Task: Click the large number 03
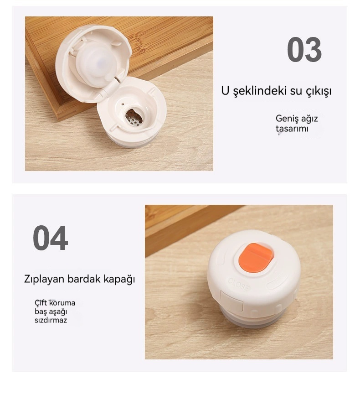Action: coord(304,50)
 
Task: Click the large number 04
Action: coord(50,238)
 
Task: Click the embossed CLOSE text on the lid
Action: coord(240,284)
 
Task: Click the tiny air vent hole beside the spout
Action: coord(123,104)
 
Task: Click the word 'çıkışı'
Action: coord(319,92)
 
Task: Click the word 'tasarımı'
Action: coord(292,128)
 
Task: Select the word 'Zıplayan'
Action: coord(44,279)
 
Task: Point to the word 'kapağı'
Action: coord(119,279)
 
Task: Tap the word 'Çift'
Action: coord(41,303)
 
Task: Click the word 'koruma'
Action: coord(62,303)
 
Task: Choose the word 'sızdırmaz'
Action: coord(51,320)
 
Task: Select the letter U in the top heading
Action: coord(226,91)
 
